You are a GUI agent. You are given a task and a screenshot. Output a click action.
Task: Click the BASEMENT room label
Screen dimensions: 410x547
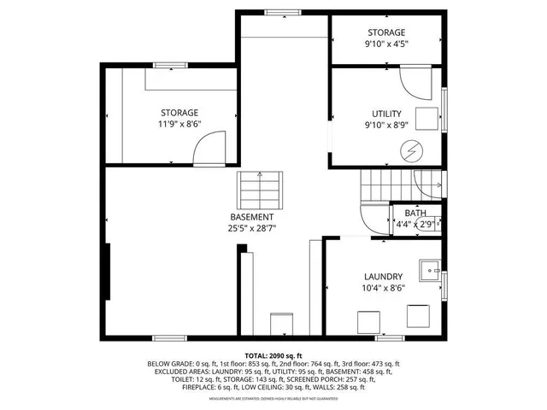tap(251, 217)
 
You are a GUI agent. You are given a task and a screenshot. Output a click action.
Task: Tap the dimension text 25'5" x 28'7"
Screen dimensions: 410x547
tap(251, 228)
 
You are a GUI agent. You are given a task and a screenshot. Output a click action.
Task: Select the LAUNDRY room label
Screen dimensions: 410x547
tap(383, 277)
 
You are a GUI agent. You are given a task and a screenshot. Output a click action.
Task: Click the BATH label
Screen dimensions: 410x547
tap(415, 214)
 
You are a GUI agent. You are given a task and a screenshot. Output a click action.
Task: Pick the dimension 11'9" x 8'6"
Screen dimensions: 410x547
tap(179, 124)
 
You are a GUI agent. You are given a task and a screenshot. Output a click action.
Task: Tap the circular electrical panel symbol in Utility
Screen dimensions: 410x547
tap(412, 150)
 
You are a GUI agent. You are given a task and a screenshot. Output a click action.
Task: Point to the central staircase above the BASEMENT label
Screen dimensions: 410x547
tap(260, 185)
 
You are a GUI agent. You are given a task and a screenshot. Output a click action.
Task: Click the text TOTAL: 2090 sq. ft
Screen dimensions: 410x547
tap(273, 356)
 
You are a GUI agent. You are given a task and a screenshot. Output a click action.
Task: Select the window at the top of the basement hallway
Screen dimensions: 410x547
tap(277, 12)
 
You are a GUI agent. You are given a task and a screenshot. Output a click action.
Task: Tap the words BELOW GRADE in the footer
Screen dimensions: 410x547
tap(168, 364)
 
